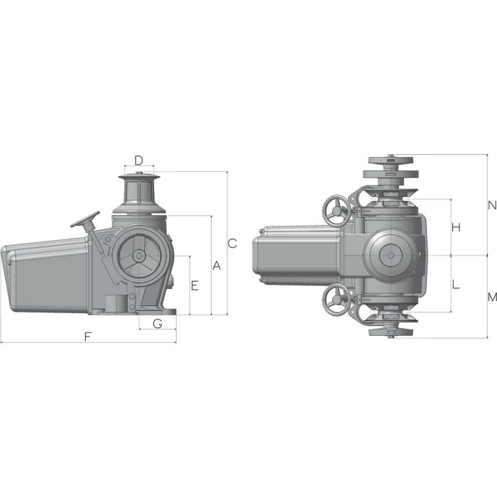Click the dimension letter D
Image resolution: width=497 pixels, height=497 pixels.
click(x=139, y=160)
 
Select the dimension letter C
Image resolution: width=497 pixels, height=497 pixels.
click(x=231, y=244)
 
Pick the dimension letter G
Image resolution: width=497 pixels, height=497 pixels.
click(x=158, y=324)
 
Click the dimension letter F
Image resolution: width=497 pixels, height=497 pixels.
click(x=87, y=337)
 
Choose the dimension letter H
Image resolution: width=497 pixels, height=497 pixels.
click(x=457, y=227)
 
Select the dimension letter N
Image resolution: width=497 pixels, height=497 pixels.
click(x=491, y=205)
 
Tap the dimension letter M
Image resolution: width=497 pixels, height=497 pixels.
click(x=491, y=297)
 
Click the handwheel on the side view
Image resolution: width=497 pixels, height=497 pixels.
click(x=84, y=219)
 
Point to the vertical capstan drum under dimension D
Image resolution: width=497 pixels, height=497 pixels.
click(x=139, y=192)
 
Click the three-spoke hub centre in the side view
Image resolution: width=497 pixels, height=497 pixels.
click(x=139, y=256)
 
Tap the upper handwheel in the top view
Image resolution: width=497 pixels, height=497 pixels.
click(x=334, y=209)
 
